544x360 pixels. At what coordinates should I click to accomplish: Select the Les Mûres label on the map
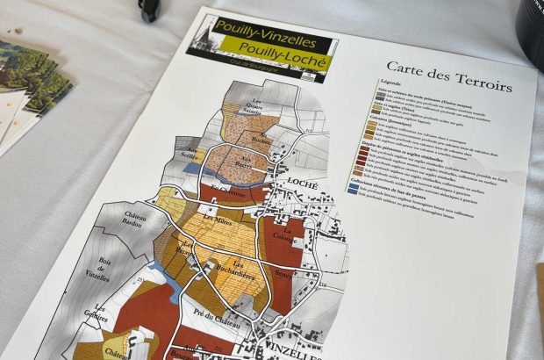(x=216, y=220)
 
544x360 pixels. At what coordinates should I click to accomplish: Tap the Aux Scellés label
(x=187, y=154)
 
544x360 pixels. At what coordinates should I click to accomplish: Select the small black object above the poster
(x=149, y=10)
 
